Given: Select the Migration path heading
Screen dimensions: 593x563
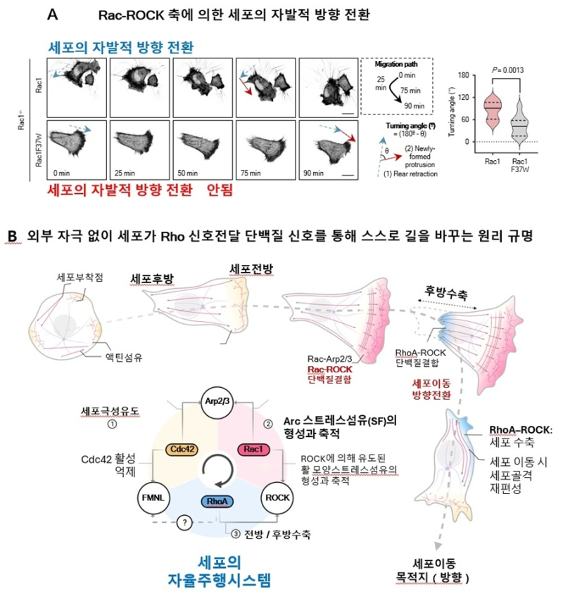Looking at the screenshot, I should (396, 65).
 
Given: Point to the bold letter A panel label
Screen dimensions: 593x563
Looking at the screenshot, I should (74, 13).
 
